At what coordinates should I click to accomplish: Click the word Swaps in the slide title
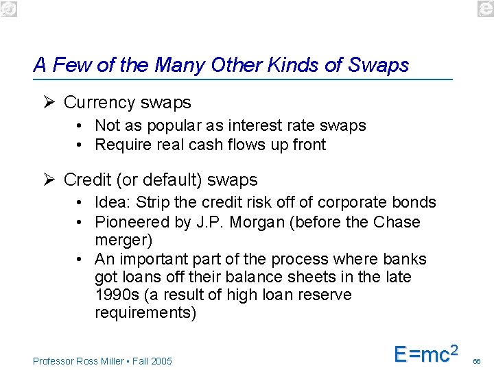[378, 65]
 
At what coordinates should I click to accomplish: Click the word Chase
[397, 222]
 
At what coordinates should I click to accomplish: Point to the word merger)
[123, 241]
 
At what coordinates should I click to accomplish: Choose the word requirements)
[145, 314]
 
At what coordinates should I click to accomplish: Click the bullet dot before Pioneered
[80, 222]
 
